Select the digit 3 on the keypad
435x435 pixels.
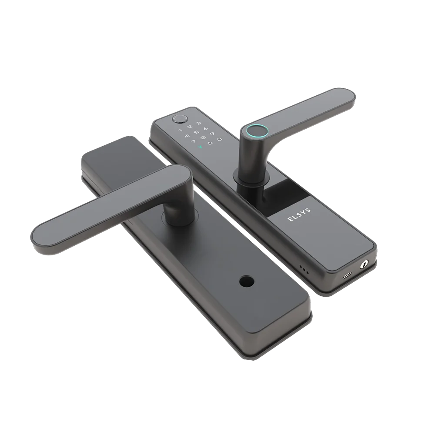pyautogui.click(x=199, y=123)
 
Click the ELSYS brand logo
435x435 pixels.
pyautogui.click(x=299, y=214)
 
